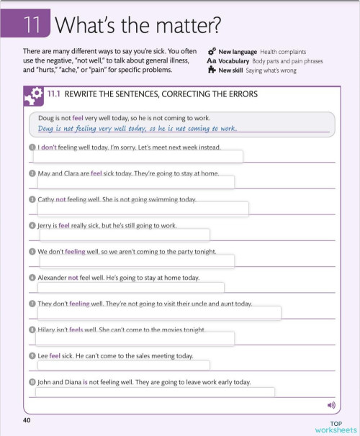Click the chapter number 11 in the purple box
click(x=30, y=26)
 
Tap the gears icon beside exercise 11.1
click(x=33, y=94)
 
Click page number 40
click(x=27, y=419)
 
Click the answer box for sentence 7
click(x=158, y=313)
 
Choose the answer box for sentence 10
click(x=155, y=392)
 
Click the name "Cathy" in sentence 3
click(x=46, y=199)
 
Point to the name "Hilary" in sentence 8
click(x=47, y=330)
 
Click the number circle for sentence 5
click(x=32, y=252)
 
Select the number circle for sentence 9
click(x=32, y=356)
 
